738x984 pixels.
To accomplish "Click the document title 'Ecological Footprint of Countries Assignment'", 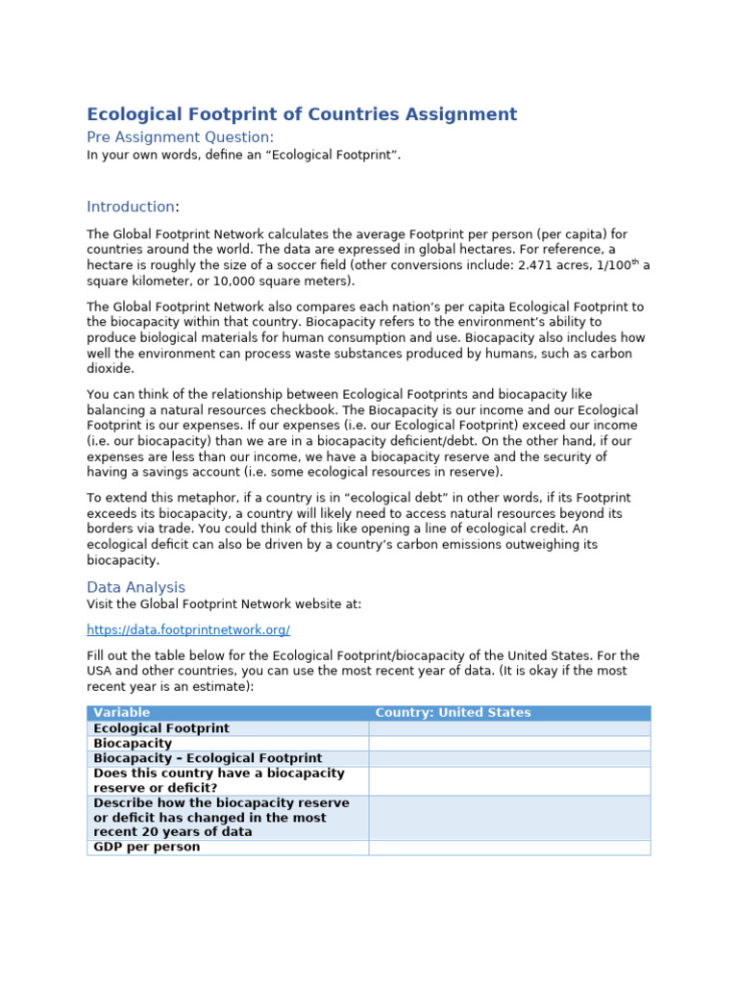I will pyautogui.click(x=302, y=114).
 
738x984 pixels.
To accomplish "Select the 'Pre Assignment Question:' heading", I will pyautogui.click(x=180, y=137).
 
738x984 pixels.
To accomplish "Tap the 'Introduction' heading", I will pyautogui.click(x=131, y=207).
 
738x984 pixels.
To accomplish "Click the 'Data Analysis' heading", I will pyautogui.click(x=135, y=587).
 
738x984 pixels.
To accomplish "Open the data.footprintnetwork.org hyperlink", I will pyautogui.click(x=188, y=630).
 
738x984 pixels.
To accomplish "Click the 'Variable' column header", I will pyautogui.click(x=122, y=713).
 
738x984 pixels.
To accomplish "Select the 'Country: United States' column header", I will pyautogui.click(x=453, y=713).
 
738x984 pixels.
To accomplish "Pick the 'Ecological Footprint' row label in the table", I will pyautogui.click(x=161, y=728).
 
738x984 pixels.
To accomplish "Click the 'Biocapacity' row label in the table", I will pyautogui.click(x=133, y=744).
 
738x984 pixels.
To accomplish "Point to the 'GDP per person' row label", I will pyautogui.click(x=147, y=848).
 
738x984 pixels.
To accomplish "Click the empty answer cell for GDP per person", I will pyautogui.click(x=509, y=848).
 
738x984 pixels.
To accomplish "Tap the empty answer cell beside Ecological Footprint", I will pyautogui.click(x=509, y=728).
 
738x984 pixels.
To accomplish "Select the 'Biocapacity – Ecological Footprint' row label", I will pyautogui.click(x=208, y=759).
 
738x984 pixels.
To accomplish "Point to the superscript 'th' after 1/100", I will pyautogui.click(x=635, y=262).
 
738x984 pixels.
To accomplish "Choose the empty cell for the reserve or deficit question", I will pyautogui.click(x=509, y=781).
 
